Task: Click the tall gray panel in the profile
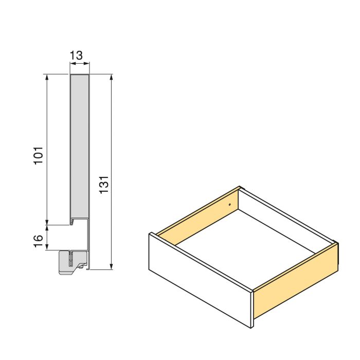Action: click(79, 144)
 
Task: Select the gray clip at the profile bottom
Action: click(70, 262)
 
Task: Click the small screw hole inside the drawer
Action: click(229, 205)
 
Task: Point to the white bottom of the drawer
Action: click(247, 242)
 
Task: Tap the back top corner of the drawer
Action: click(240, 187)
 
